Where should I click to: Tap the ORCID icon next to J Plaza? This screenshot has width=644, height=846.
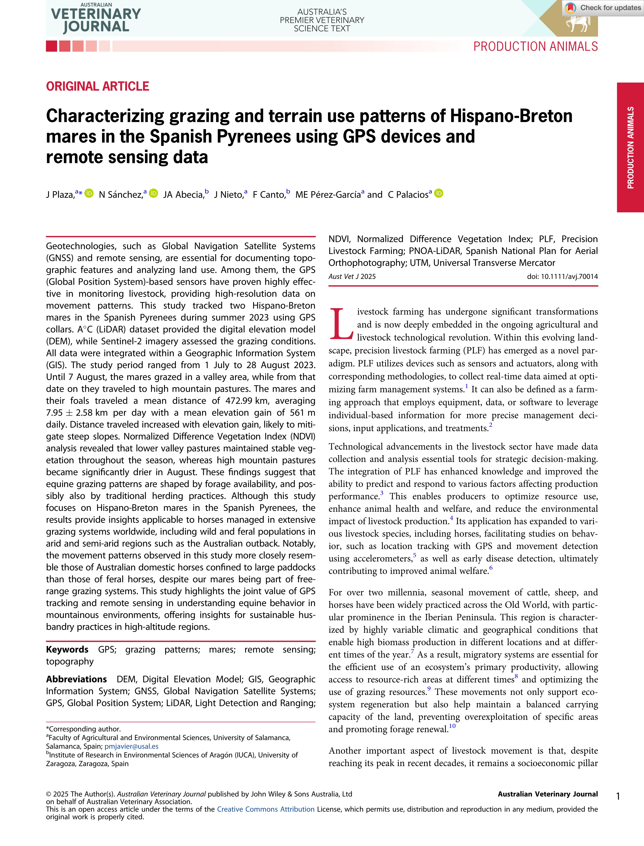click(x=89, y=193)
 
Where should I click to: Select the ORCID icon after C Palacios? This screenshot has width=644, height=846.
click(x=439, y=193)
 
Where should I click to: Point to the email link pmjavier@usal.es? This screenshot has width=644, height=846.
click(x=131, y=746)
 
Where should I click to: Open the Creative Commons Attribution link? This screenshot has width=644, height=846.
click(x=266, y=809)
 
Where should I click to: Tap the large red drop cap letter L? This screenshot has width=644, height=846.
click(x=341, y=324)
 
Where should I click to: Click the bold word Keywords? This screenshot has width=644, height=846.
click(x=67, y=649)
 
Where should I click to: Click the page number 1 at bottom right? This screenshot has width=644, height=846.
click(x=618, y=797)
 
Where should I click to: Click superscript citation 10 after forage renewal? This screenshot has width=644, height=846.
click(x=452, y=726)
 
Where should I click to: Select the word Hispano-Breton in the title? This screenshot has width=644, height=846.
click(x=511, y=116)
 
